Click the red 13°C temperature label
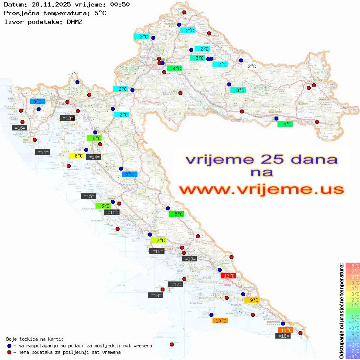coord(229,275)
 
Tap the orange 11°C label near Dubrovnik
coord(285,330)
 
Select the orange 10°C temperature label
coord(220,320)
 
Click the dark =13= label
coord(67,118)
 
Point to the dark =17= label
coord(175,285)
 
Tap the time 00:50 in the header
coord(119,5)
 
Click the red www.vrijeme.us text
coord(261,189)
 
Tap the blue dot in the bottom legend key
coord(9,346)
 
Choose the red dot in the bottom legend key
coord(9,352)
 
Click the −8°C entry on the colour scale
coord(353,356)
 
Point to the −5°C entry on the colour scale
coord(353,339)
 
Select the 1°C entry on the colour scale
coord(353,305)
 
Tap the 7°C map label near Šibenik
coord(158,240)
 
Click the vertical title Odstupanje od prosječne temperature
coord(342,310)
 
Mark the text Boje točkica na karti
coord(35,339)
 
